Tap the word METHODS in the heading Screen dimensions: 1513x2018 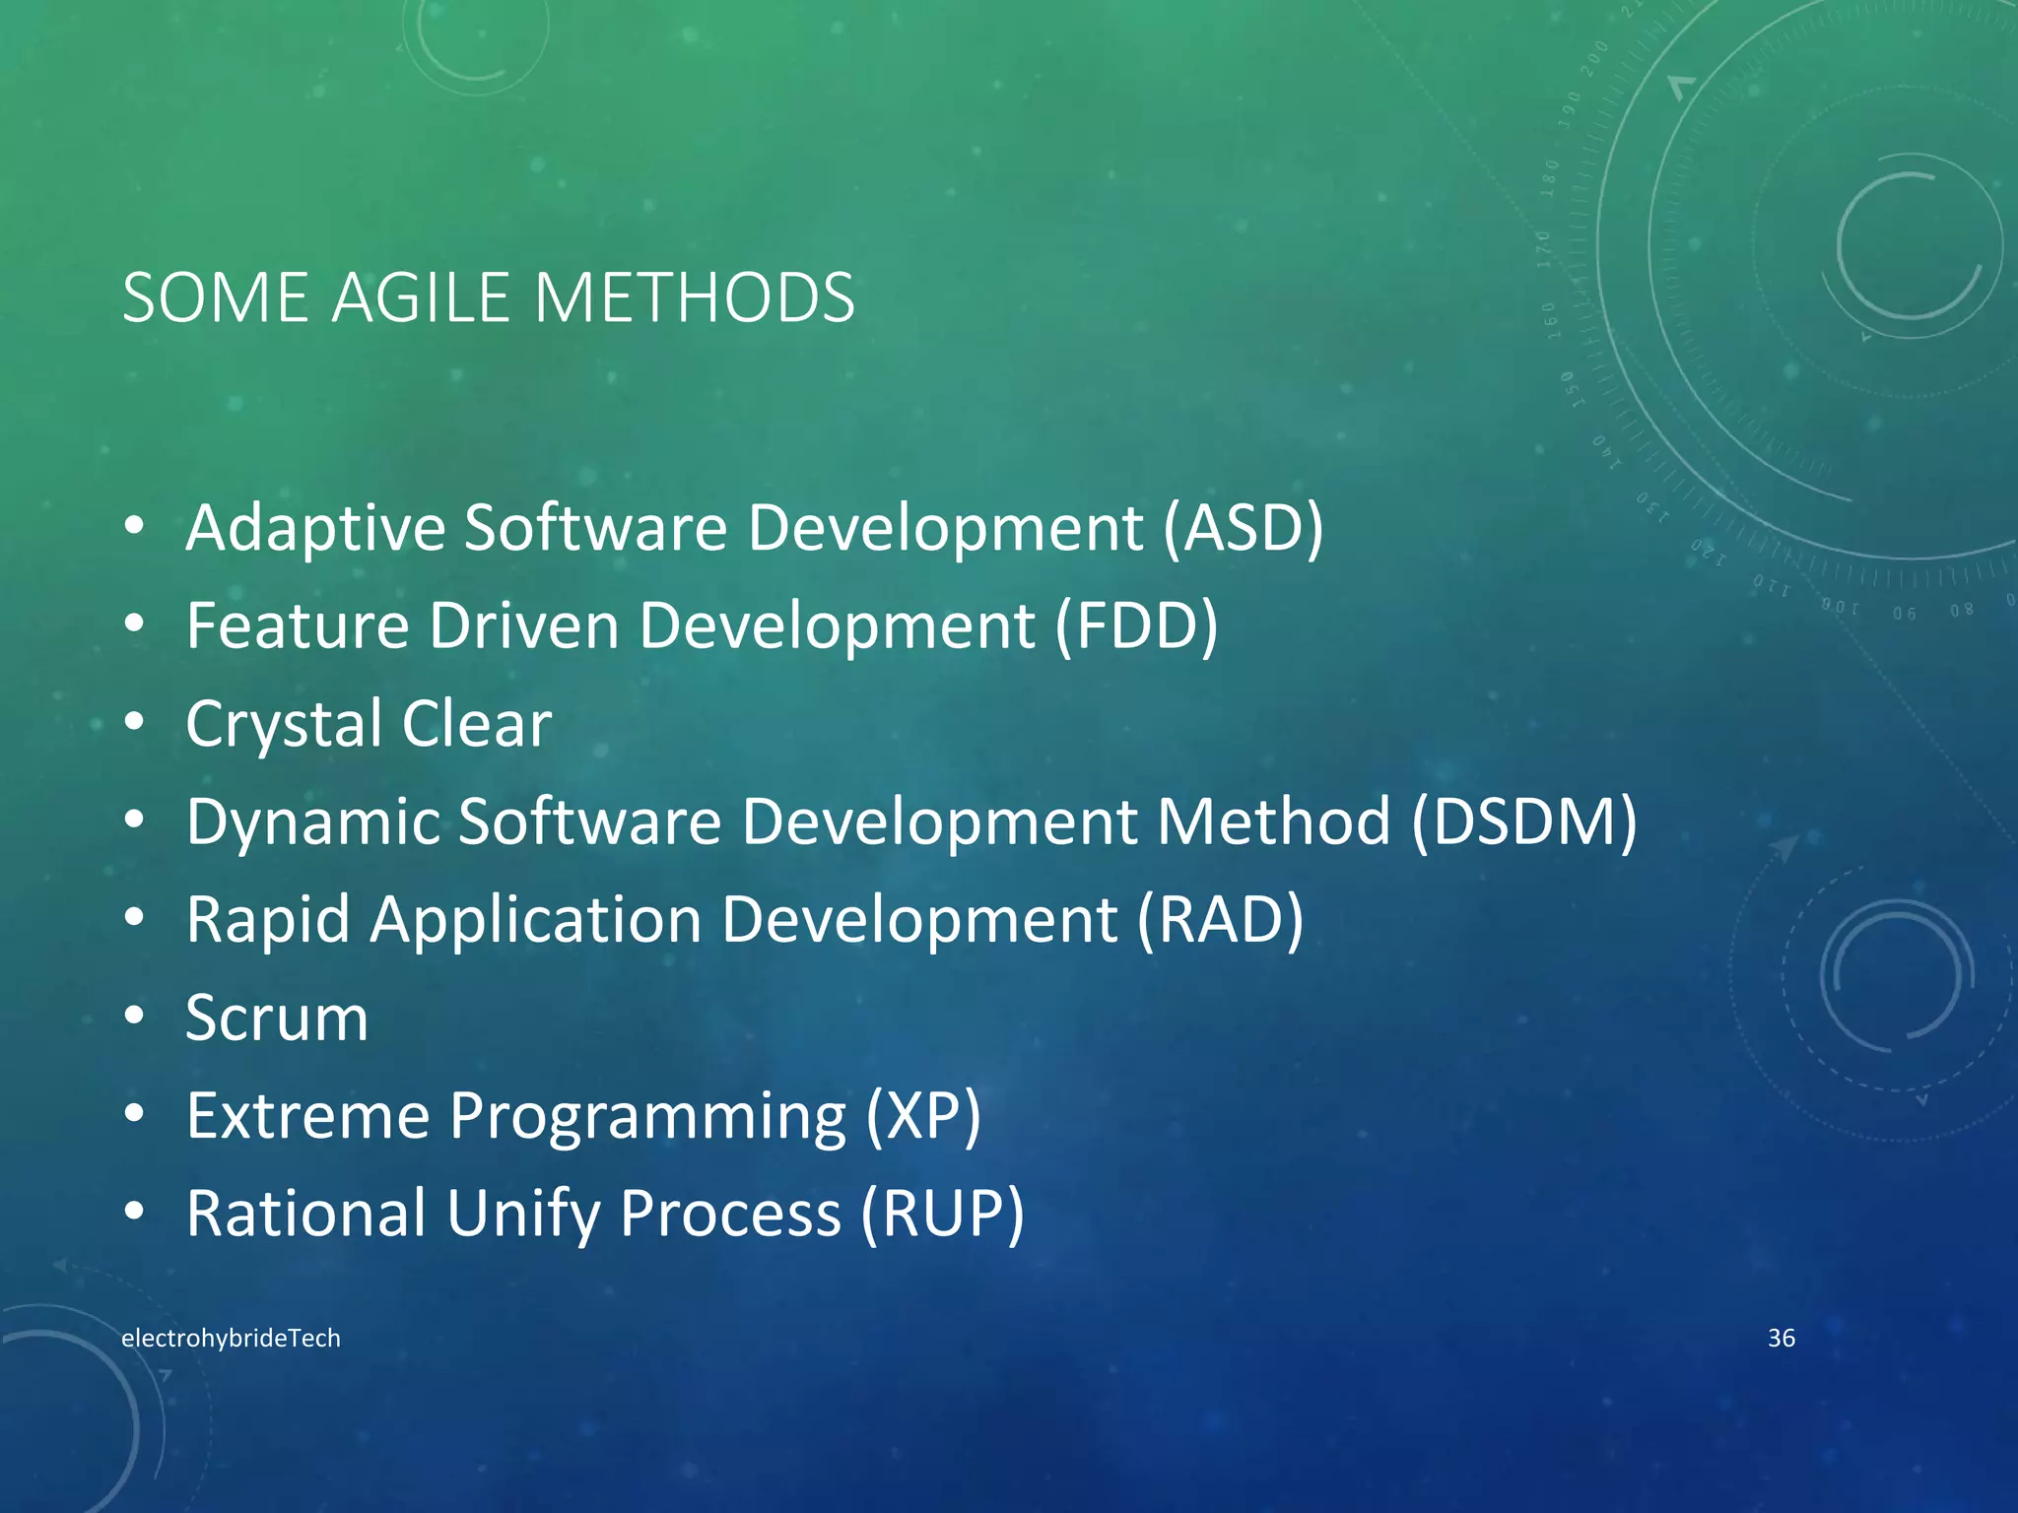(x=694, y=297)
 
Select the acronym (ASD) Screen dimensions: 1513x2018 (x=1243, y=528)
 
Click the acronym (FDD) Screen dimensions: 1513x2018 (x=1137, y=625)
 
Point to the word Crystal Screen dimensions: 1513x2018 (x=283, y=725)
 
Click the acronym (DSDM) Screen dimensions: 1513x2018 (x=1523, y=821)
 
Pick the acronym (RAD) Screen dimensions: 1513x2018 (x=1221, y=919)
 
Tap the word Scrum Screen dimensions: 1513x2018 (x=277, y=1018)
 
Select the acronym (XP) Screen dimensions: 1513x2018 (x=923, y=1116)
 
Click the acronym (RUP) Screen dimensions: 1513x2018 (x=943, y=1213)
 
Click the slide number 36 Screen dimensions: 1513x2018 (x=1781, y=1338)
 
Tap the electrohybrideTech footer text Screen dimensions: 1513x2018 (x=231, y=1338)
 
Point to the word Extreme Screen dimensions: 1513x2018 (x=308, y=1115)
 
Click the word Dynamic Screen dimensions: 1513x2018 (x=312, y=822)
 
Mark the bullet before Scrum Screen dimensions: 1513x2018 (x=135, y=1016)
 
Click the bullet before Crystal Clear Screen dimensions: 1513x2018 (x=135, y=722)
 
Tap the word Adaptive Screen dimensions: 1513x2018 (x=315, y=528)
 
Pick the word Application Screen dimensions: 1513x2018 (x=536, y=920)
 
